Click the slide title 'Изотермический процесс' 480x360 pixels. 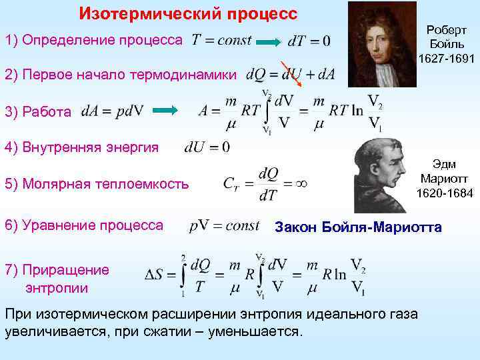pyautogui.click(x=188, y=13)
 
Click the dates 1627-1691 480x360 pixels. pyautogui.click(x=447, y=59)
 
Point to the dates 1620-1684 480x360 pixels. pyautogui.click(x=444, y=193)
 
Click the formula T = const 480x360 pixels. pyautogui.click(x=222, y=40)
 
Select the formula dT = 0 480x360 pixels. pyautogui.click(x=308, y=41)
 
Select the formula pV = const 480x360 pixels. pyautogui.click(x=224, y=226)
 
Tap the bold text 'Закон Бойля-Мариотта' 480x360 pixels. pyautogui.click(x=358, y=227)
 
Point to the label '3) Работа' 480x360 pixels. pyautogui.click(x=39, y=111)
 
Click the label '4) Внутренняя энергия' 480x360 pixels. pyautogui.click(x=81, y=147)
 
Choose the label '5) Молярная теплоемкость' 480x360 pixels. pyautogui.click(x=97, y=183)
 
